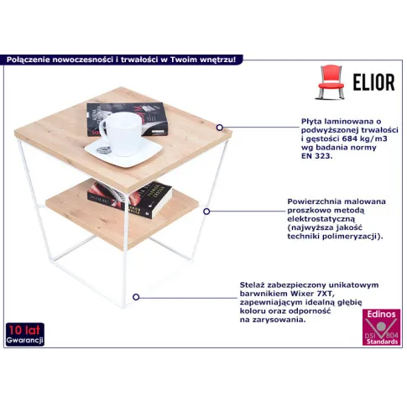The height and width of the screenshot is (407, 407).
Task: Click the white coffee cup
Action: [121, 133]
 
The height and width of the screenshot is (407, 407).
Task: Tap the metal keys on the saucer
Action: [104, 150]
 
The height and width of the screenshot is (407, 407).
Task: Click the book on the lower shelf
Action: [129, 199]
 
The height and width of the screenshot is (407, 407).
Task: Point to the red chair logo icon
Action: [331, 82]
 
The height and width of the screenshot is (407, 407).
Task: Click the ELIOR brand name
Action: [373, 82]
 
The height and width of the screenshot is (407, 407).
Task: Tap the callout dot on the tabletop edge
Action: [220, 128]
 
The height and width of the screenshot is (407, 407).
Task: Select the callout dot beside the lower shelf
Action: [206, 211]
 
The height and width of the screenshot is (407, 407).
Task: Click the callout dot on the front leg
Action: [136, 297]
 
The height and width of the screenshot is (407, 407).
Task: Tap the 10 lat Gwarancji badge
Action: [25, 334]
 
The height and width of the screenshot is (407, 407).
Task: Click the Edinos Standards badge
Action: [381, 327]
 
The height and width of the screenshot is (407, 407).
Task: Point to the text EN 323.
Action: [316, 156]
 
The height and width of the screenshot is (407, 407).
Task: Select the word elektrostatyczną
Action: [321, 219]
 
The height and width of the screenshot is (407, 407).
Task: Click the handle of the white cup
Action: [104, 132]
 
